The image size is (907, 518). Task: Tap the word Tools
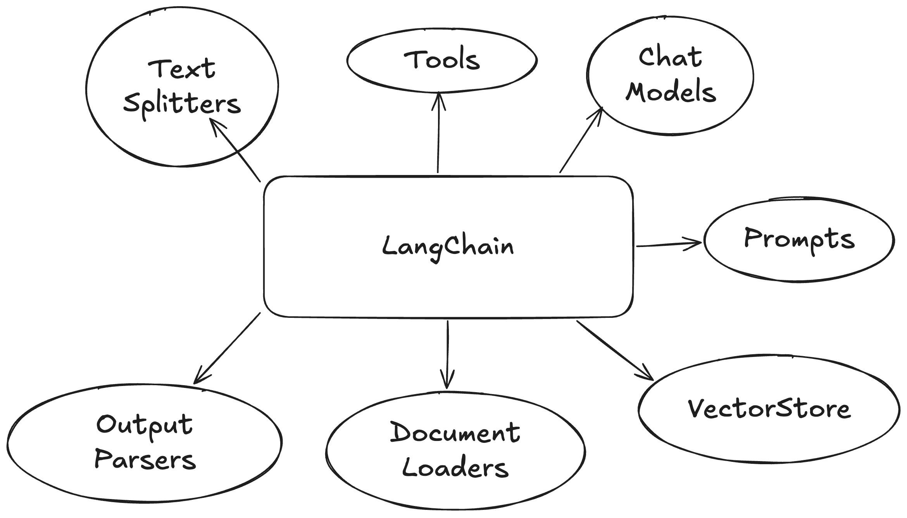point(442,60)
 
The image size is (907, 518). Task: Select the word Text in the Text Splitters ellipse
point(181,69)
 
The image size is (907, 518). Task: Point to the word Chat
point(670,57)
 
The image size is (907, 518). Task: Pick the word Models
point(671,92)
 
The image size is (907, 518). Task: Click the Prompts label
point(799,239)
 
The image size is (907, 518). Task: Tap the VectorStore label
point(769,409)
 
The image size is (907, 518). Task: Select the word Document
point(455,432)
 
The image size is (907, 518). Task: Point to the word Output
point(144,425)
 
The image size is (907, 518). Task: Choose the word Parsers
point(145,460)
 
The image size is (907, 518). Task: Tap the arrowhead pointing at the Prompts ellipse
point(696,243)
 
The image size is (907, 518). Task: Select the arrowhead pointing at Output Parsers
point(198,378)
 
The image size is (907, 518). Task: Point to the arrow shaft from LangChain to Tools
point(438,139)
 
